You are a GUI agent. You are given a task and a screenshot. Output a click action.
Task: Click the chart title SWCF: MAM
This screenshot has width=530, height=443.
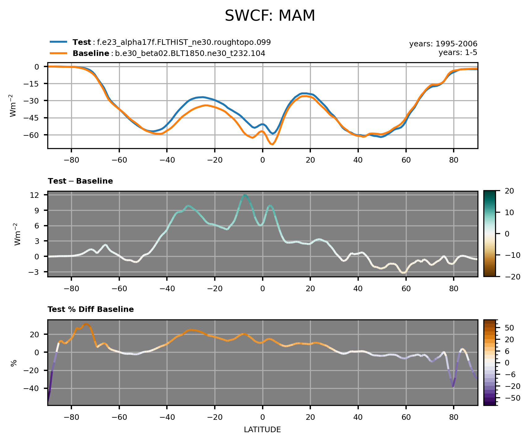[x=270, y=16]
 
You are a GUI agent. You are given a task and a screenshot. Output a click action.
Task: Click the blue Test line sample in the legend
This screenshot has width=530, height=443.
[x=58, y=42]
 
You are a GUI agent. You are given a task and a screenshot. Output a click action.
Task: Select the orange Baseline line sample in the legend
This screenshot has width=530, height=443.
[x=58, y=53]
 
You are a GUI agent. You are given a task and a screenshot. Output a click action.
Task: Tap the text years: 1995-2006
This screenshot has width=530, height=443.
[x=443, y=44]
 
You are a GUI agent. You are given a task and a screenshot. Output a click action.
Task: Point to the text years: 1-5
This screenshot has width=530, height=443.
[x=458, y=53]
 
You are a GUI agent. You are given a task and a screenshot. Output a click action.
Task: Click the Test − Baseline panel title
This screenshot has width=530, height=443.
[x=80, y=181]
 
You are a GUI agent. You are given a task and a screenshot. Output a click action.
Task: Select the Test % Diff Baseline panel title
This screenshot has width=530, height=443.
[x=91, y=309]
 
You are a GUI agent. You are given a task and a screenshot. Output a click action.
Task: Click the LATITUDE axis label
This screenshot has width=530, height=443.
[x=262, y=430]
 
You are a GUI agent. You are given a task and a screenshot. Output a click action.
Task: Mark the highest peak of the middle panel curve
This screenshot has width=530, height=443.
[x=245, y=195]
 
